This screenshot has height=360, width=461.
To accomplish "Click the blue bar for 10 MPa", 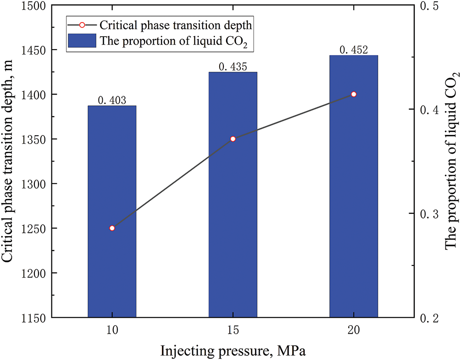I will [112, 211].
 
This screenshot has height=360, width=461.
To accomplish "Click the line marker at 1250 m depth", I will [112, 228].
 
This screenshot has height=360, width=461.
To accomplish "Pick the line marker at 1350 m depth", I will [233, 138].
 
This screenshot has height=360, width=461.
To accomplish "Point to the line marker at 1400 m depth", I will [354, 94].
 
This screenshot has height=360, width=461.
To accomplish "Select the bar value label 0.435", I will [233, 67].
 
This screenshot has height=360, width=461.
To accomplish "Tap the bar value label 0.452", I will [354, 50].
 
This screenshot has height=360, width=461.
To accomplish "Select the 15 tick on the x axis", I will [233, 330].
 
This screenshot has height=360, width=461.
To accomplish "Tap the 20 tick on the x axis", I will [354, 330].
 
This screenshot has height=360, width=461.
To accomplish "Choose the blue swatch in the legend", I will [82, 41].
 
